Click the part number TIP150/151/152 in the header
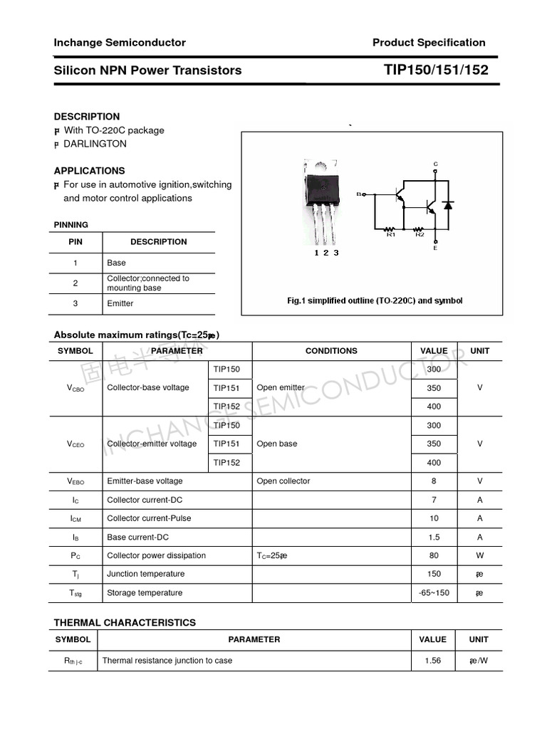[x=436, y=70]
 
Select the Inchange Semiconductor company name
[x=120, y=43]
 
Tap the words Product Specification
[x=429, y=43]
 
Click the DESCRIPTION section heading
[x=87, y=117]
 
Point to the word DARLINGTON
[x=95, y=144]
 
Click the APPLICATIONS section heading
[x=89, y=171]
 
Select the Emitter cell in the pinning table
[x=120, y=303]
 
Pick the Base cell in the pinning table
[x=116, y=263]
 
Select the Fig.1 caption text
[x=375, y=300]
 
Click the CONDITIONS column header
[x=331, y=351]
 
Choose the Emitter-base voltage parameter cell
[x=145, y=481]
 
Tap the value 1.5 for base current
[x=434, y=537]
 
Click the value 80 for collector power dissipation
[x=434, y=556]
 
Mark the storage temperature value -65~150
[x=434, y=593]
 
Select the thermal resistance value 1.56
[x=432, y=661]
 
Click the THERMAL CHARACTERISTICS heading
[x=125, y=623]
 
